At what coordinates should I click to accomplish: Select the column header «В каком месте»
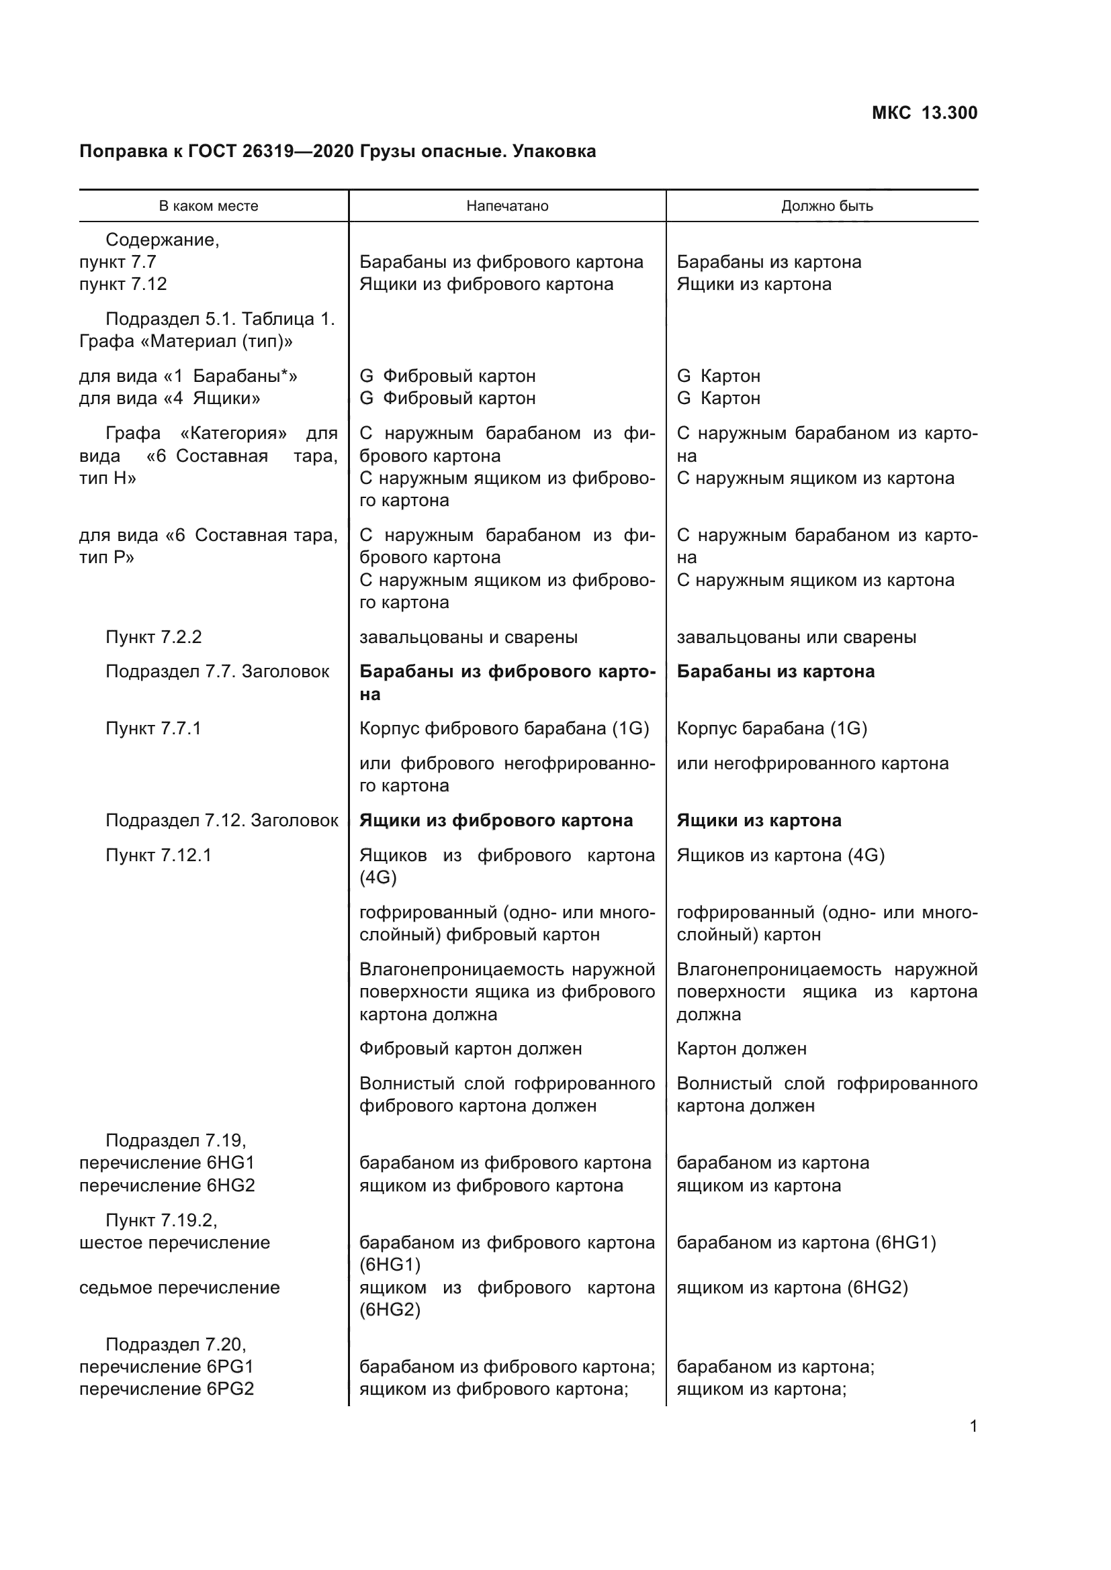209,207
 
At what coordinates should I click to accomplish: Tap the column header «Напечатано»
507,207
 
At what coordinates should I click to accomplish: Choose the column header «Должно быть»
826,207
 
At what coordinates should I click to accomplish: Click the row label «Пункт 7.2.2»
153,637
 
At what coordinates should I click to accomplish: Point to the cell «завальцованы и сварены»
468,637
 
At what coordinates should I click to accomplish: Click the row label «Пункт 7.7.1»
153,729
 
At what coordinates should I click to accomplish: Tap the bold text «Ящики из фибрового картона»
496,820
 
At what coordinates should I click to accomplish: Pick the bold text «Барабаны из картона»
775,671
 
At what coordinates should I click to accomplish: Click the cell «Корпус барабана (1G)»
772,729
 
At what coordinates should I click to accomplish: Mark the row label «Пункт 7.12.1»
158,855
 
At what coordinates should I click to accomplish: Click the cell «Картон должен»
741,1049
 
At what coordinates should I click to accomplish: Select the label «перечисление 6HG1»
167,1163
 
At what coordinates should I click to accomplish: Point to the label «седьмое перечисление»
179,1287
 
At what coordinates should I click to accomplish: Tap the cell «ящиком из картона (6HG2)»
791,1287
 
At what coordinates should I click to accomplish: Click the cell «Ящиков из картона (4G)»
780,855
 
